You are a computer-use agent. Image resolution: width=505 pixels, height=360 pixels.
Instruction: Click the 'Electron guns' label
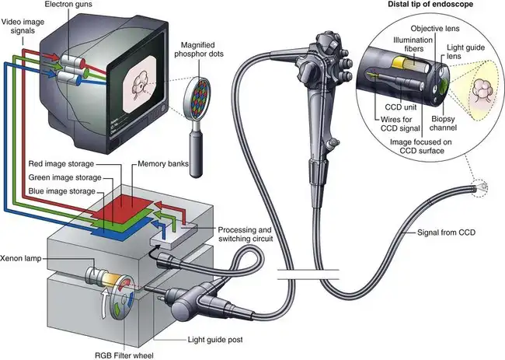(x=68, y=5)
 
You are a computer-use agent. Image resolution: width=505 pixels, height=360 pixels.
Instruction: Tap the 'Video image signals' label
(x=23, y=26)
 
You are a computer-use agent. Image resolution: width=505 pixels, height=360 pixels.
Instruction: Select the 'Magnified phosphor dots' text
(x=199, y=49)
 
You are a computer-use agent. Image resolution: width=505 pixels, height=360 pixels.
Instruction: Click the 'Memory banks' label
(x=162, y=164)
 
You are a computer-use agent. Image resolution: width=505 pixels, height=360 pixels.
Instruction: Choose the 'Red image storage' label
(x=61, y=164)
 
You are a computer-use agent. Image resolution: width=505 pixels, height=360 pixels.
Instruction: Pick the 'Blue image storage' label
(x=62, y=191)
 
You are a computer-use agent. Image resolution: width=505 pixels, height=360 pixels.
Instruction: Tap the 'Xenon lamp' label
(x=21, y=258)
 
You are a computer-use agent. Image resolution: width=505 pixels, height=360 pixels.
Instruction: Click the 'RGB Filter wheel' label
(x=124, y=355)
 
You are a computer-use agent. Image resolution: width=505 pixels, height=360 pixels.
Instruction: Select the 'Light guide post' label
(x=215, y=339)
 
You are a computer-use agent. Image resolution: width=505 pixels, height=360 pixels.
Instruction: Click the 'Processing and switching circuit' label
(x=245, y=234)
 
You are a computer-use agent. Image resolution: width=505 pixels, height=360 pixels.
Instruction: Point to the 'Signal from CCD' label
(x=446, y=232)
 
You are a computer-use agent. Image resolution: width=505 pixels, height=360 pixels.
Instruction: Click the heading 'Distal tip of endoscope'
(x=430, y=4)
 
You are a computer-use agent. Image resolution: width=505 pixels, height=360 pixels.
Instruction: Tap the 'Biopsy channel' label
(x=443, y=124)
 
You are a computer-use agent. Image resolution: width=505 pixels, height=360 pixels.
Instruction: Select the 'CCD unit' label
(x=401, y=107)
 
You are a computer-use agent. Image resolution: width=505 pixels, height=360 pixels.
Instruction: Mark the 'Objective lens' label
(x=435, y=28)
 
